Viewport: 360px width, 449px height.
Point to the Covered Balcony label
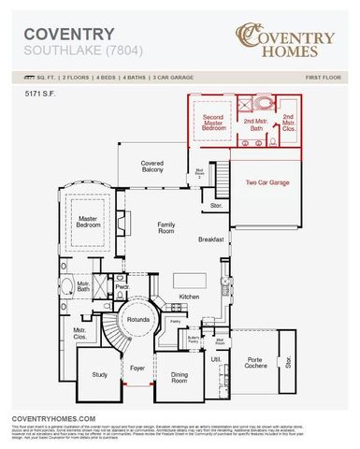coord(152,166)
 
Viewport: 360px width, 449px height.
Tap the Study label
coord(100,374)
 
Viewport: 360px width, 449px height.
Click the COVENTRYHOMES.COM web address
coord(53,418)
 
